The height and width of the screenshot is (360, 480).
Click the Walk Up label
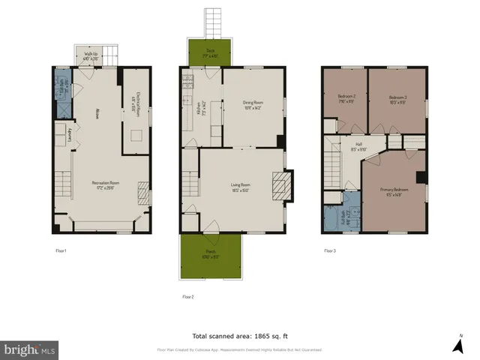pos(91,55)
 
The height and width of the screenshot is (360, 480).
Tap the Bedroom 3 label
pos(397,99)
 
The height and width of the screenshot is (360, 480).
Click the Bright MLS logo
pos(30,349)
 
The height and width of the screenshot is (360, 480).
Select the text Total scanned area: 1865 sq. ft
pos(239,336)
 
